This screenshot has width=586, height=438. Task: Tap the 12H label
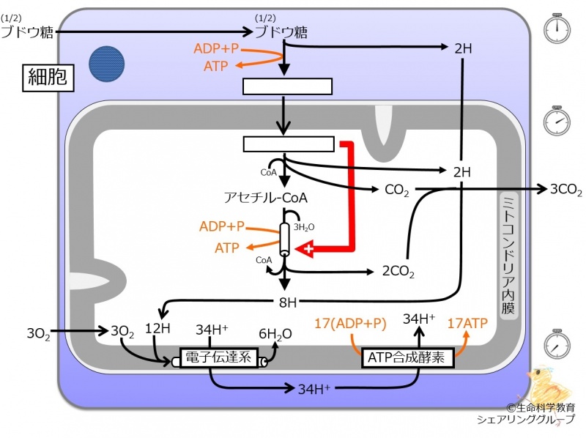click(157, 329)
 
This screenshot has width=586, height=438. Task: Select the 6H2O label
click(275, 334)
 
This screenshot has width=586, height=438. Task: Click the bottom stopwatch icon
click(557, 344)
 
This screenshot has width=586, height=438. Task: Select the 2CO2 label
click(398, 272)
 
